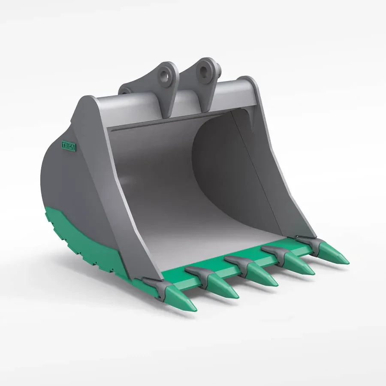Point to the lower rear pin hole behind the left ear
click(126, 91)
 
